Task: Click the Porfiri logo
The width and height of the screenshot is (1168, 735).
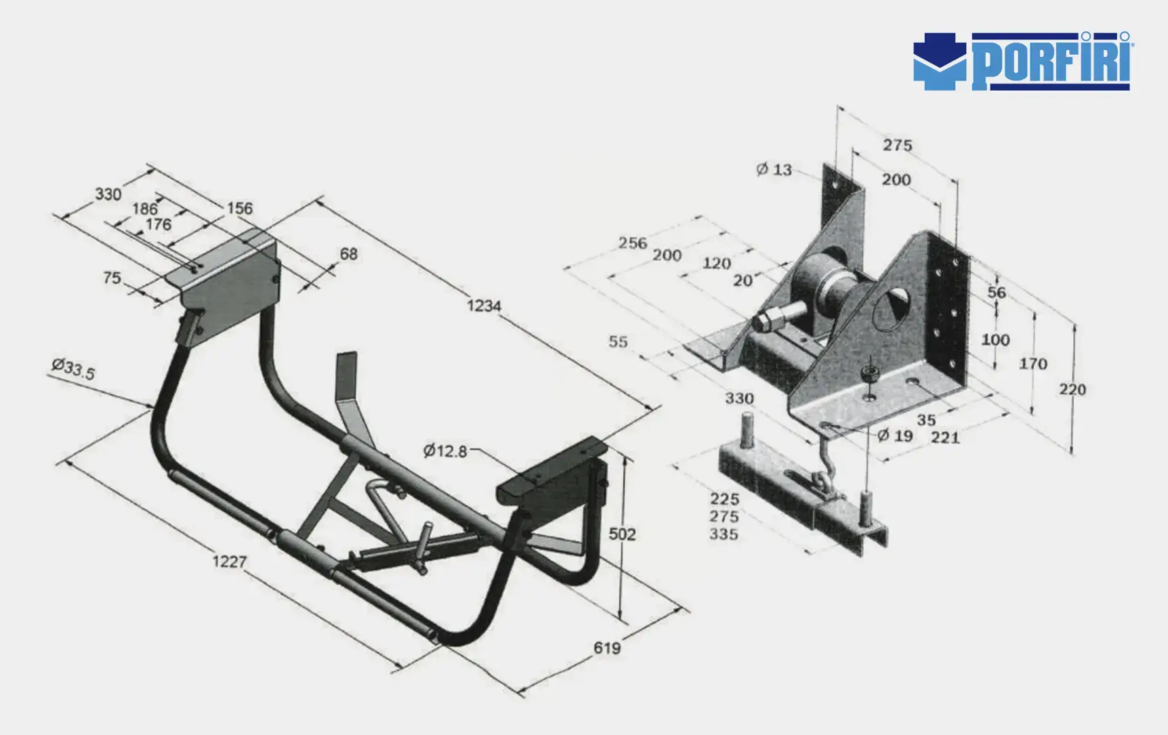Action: point(1023,61)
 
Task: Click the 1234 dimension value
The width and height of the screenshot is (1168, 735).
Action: point(484,306)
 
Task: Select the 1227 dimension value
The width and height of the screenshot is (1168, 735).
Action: point(230,562)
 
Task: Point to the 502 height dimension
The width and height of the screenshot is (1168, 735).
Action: point(622,534)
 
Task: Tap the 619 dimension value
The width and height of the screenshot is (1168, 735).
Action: point(607,648)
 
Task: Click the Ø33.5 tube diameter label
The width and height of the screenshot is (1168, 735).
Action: point(73,369)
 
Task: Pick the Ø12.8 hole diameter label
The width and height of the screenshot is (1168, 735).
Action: point(445,450)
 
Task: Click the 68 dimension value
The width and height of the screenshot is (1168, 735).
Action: point(348,254)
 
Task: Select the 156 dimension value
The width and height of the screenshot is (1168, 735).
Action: point(240,208)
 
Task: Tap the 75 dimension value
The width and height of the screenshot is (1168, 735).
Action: point(112,278)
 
